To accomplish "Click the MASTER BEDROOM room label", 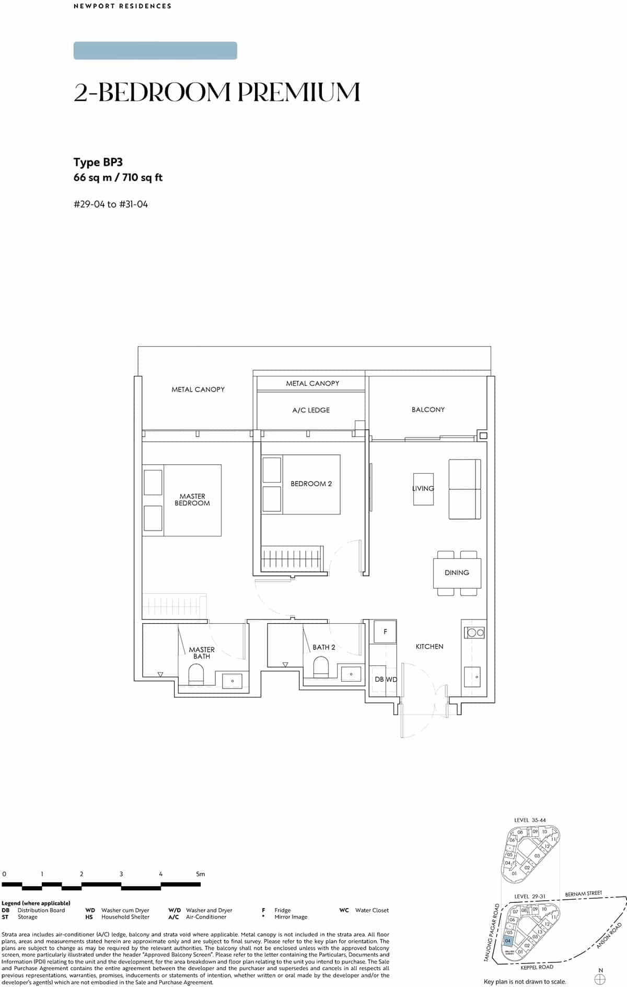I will click(192, 500).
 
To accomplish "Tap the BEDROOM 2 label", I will click(311, 484).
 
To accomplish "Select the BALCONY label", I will click(428, 409).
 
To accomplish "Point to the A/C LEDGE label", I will click(311, 410).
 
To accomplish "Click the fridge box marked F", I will click(385, 632).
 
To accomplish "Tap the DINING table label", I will click(457, 572).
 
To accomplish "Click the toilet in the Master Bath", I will click(196, 674).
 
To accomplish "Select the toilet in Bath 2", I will click(321, 668).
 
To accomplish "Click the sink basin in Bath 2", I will click(351, 674).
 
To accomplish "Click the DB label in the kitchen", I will click(379, 679).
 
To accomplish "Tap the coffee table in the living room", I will click(423, 489).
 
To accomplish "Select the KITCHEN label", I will click(429, 647).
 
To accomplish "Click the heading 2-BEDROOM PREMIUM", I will click(217, 92).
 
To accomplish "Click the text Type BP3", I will click(98, 162).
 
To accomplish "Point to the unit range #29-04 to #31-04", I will click(111, 204).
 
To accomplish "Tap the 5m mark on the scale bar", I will click(200, 874).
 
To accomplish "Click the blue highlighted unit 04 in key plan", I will click(507, 940).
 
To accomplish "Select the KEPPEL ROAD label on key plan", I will click(537, 967).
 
